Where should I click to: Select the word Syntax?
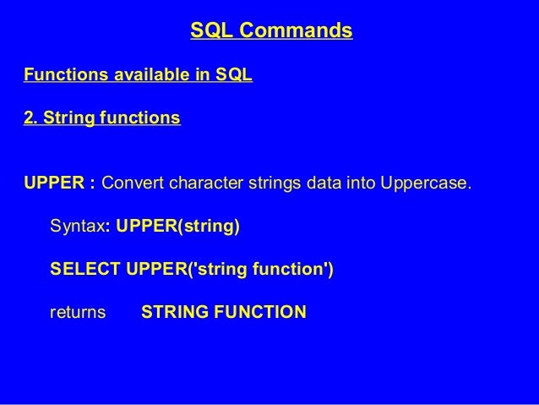pyautogui.click(x=77, y=227)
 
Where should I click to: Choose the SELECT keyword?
pyautogui.click(x=85, y=270)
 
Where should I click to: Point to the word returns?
pyautogui.click(x=78, y=313)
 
